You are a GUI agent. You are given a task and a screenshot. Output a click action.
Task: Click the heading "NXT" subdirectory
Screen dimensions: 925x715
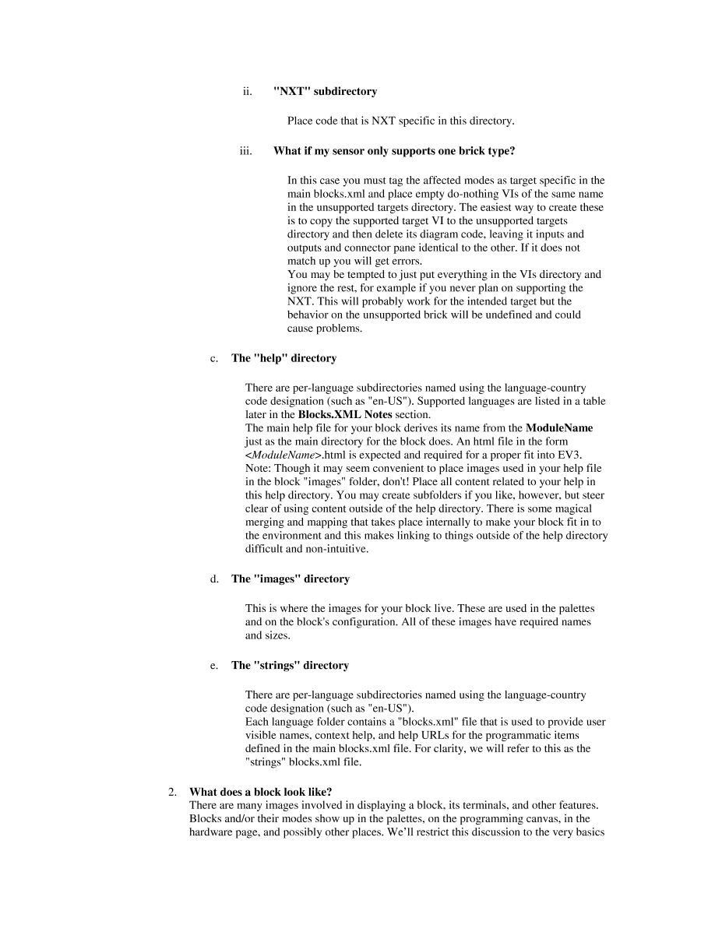pyautogui.click(x=325, y=92)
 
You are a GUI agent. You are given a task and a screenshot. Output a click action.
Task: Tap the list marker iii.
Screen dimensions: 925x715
pyautogui.click(x=246, y=151)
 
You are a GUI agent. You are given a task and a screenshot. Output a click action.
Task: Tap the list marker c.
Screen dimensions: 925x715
pyautogui.click(x=213, y=359)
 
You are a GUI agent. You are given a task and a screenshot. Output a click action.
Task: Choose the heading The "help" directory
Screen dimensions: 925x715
pyautogui.click(x=284, y=359)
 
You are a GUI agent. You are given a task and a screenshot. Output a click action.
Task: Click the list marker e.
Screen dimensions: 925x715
pyautogui.click(x=213, y=666)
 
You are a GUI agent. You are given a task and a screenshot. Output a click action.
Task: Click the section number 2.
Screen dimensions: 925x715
pyautogui.click(x=173, y=792)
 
